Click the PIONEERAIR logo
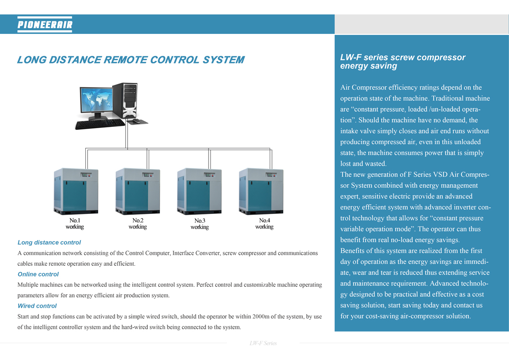(45, 25)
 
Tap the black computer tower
(125, 100)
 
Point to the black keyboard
(100, 124)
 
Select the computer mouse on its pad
(137, 121)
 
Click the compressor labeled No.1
(76, 191)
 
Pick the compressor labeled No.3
(199, 191)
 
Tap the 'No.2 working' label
(138, 224)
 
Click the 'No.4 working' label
(264, 224)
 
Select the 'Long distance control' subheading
(49, 243)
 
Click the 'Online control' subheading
(38, 274)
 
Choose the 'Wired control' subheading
(37, 306)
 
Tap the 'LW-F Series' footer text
(263, 343)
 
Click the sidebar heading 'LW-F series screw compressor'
(403, 58)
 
